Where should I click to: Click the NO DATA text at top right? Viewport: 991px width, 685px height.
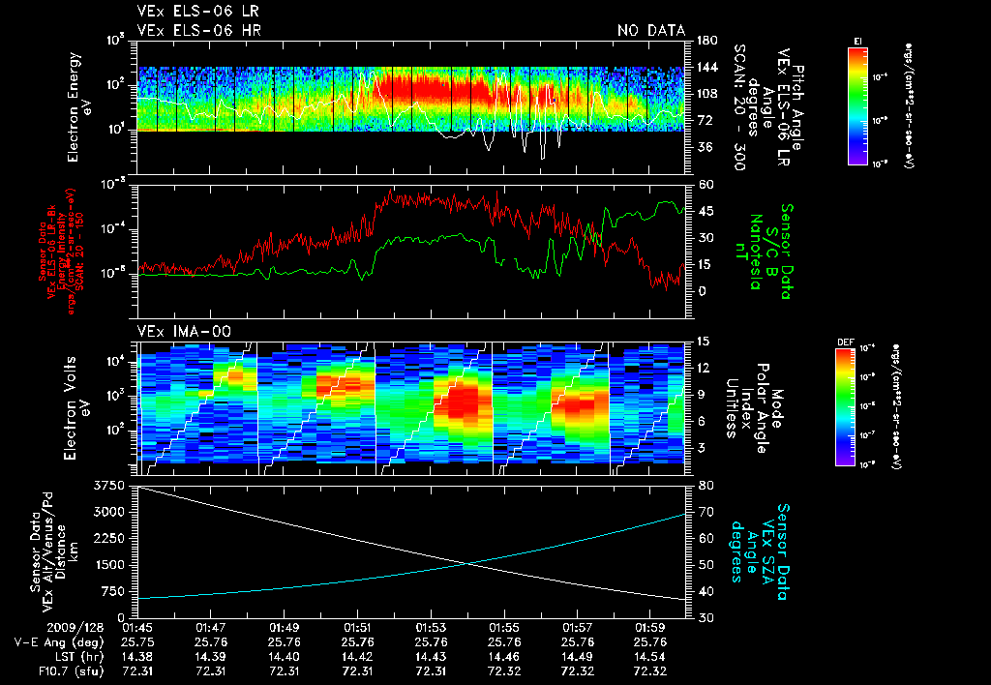coord(650,31)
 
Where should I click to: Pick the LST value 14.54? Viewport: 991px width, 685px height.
coord(650,655)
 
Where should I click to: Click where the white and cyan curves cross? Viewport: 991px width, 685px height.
coord(468,564)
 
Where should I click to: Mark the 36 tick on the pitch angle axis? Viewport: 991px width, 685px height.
coord(705,147)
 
